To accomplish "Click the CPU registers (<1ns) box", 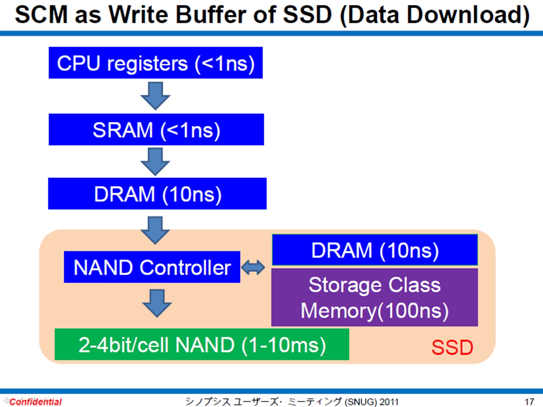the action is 156,63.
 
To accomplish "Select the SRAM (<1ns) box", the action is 156,129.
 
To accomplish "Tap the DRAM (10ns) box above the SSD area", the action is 157,194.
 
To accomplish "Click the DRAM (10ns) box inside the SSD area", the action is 375,250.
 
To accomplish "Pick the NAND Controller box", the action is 152,267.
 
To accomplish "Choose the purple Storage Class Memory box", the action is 374,297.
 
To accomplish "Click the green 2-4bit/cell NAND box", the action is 202,344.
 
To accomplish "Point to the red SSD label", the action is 452,347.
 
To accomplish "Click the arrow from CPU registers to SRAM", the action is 155,96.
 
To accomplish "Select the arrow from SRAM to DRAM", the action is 155,162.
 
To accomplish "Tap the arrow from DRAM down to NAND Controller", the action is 155,230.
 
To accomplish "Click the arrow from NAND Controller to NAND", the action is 157,303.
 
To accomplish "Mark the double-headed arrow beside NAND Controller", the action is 253,267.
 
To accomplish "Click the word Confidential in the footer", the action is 36,402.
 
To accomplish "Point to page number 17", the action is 530,402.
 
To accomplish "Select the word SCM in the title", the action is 42,15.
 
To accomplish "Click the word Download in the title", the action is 464,16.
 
